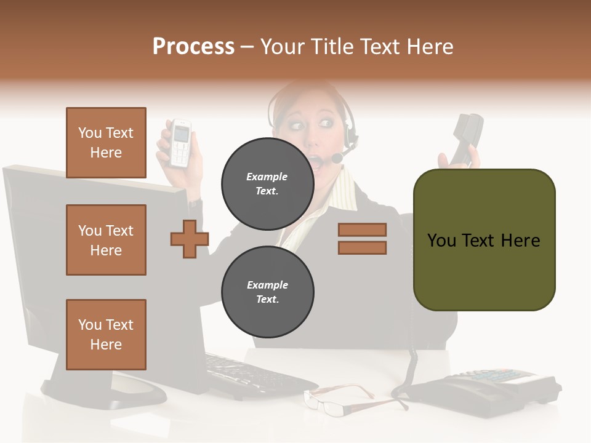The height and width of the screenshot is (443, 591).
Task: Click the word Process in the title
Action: [x=193, y=46]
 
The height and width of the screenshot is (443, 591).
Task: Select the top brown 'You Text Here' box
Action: [x=106, y=143]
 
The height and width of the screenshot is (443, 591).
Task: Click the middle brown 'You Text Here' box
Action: [x=106, y=240]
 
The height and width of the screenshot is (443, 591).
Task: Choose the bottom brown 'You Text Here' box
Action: [x=106, y=335]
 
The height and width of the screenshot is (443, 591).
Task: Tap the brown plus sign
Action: [x=190, y=239]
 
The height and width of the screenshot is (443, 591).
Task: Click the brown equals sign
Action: [x=362, y=239]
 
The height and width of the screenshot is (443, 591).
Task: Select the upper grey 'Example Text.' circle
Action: [x=267, y=184]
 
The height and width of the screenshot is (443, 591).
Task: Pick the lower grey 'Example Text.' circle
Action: [x=267, y=292]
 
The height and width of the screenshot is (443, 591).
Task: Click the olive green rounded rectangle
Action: [x=484, y=240]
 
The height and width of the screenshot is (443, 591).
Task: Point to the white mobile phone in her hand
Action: [x=180, y=143]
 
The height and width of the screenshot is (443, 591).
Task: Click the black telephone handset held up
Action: [x=467, y=138]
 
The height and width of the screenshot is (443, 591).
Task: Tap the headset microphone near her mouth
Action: [x=337, y=159]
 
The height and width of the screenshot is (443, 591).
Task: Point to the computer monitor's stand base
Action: [x=105, y=391]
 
